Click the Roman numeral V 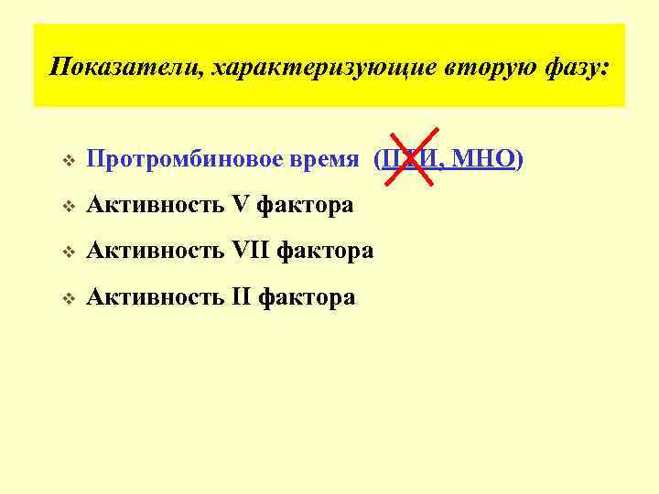pyautogui.click(x=241, y=205)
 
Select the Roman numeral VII pyautogui.click(x=252, y=251)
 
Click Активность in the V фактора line pyautogui.click(x=155, y=205)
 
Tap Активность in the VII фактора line pyautogui.click(x=155, y=251)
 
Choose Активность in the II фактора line pyautogui.click(x=155, y=296)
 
